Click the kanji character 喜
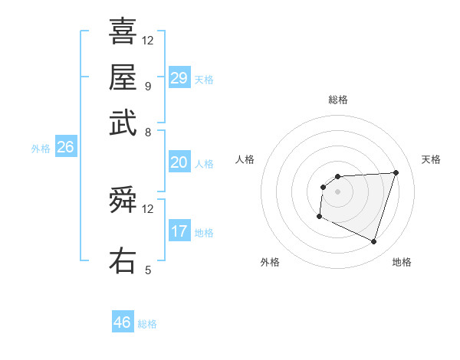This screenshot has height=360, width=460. (123, 32)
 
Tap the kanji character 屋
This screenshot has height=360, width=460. (123, 77)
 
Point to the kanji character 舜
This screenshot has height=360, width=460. (123, 202)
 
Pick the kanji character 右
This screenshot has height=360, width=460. (123, 260)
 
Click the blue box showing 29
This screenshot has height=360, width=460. (179, 78)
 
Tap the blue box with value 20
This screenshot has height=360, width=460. (179, 163)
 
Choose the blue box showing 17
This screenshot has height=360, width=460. (179, 231)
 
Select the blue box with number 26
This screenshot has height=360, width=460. (66, 148)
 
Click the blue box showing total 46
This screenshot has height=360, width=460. (123, 322)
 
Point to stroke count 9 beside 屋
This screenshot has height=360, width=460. (147, 86)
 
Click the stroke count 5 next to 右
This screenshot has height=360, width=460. (148, 270)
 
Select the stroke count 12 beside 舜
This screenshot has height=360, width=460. (148, 208)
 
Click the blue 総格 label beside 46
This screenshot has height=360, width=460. (148, 324)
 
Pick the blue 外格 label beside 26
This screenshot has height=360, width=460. (41, 149)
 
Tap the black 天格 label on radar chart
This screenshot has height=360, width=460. (431, 159)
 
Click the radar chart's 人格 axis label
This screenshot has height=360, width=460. (245, 159)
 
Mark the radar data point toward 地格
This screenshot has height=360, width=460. (374, 242)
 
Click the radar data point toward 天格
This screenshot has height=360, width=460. (396, 172)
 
